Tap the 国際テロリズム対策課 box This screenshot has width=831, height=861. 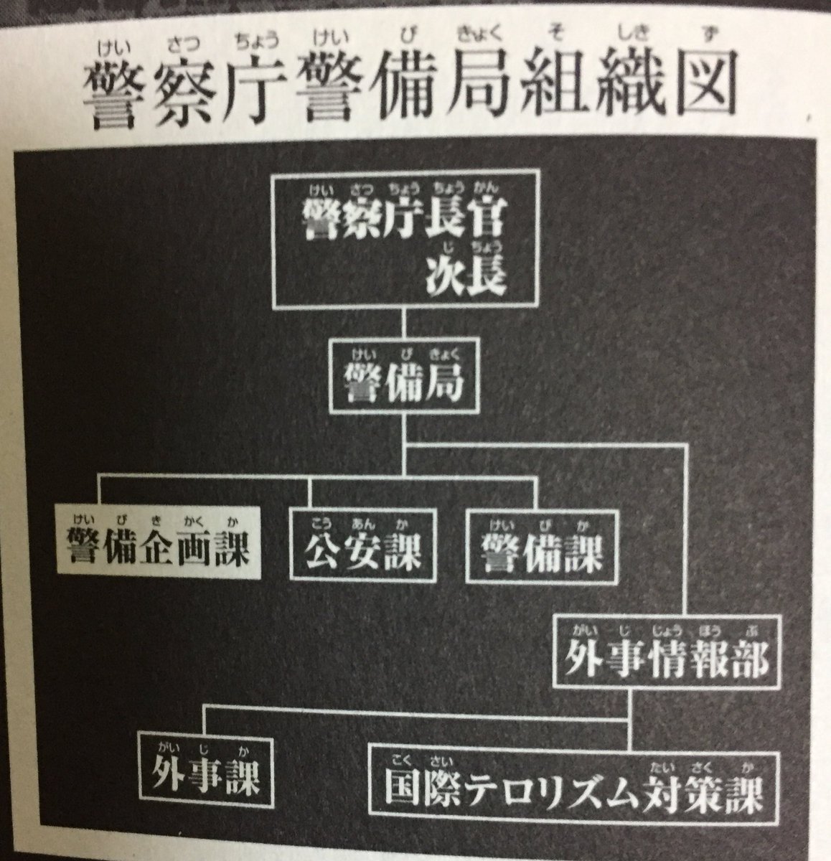573,787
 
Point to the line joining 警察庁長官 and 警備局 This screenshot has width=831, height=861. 405,321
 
